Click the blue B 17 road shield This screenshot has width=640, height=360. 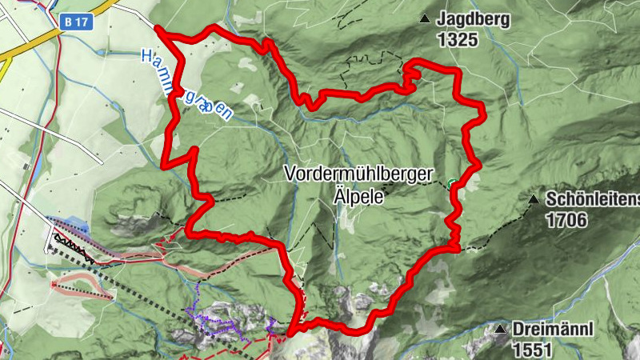76,23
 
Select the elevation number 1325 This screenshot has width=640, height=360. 457,38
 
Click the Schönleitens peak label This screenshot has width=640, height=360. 593,199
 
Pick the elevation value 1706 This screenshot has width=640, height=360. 566,218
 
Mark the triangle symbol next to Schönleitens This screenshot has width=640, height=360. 534,198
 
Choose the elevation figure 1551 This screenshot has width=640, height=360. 532,349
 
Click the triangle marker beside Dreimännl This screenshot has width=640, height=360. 500,330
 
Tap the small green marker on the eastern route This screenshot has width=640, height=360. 452,183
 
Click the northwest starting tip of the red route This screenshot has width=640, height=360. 158,30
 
